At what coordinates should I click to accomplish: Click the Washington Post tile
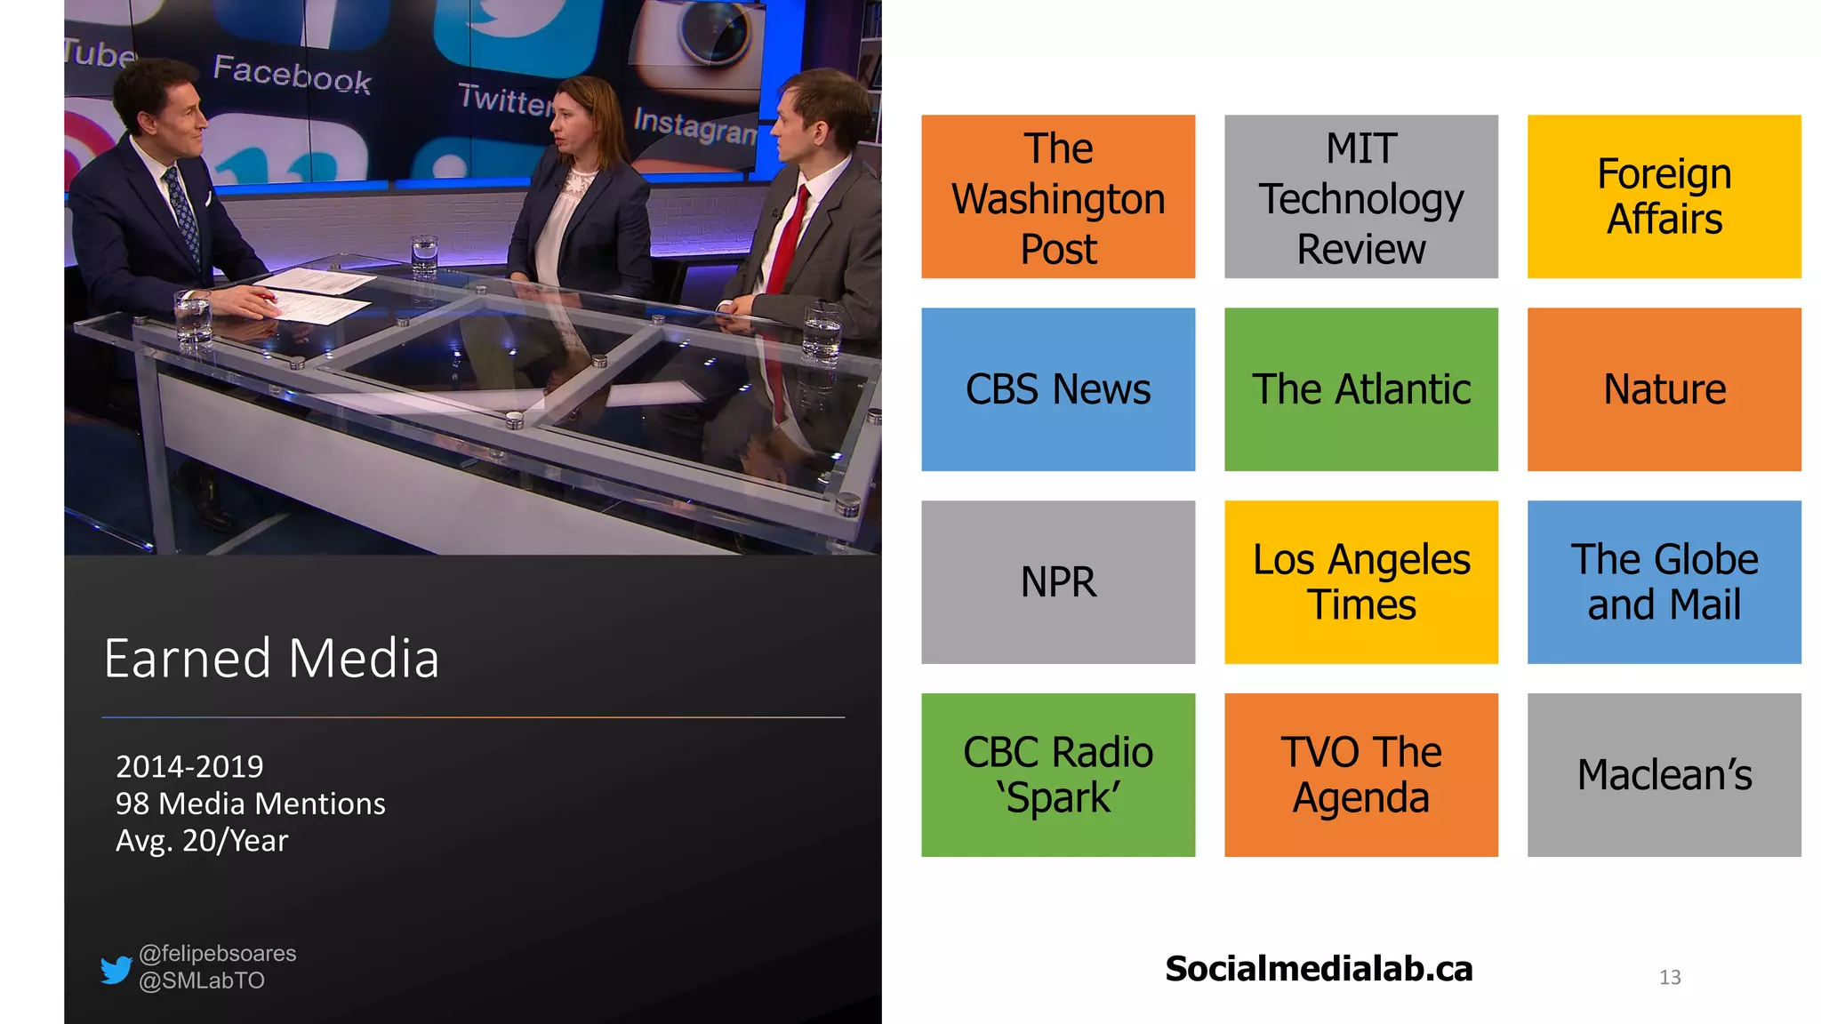[x=1058, y=196]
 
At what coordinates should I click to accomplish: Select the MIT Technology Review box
[x=1360, y=196]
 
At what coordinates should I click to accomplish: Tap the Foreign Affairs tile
[x=1664, y=196]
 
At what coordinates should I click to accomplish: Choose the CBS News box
[x=1058, y=389]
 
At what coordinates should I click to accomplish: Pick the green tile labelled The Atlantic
[x=1360, y=389]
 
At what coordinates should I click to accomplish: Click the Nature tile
[x=1664, y=389]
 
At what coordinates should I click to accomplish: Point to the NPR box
[x=1058, y=582]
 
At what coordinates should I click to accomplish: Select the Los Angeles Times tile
[x=1360, y=582]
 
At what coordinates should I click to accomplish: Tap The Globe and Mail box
[x=1664, y=582]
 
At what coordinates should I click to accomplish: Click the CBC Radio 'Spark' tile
[x=1058, y=775]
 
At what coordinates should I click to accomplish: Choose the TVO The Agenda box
[x=1360, y=775]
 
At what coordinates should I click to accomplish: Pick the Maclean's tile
[x=1664, y=775]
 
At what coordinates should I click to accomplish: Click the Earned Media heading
[x=271, y=659]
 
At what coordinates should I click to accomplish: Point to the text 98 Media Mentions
[x=250, y=804]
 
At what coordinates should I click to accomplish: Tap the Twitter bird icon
[x=116, y=969]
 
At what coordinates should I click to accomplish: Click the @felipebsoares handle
[x=218, y=954]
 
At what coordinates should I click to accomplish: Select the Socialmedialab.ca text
[x=1319, y=969]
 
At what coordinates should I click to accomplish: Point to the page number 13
[x=1670, y=978]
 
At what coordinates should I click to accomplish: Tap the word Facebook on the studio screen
[x=292, y=74]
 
